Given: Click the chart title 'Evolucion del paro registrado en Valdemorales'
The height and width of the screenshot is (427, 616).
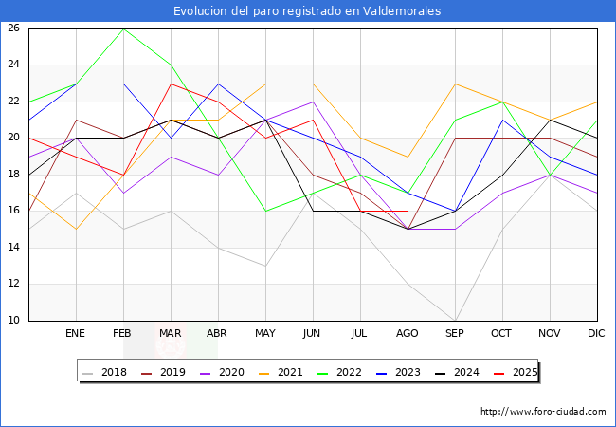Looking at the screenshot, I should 307,11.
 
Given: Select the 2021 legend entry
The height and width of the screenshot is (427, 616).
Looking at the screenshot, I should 290,373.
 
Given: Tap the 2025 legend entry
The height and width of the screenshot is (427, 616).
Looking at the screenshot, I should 524,373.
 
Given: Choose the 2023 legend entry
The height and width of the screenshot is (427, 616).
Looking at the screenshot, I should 407,373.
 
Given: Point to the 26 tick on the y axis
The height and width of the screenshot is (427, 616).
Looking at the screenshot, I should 14,28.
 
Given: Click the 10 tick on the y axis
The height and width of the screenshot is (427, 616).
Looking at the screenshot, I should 14,321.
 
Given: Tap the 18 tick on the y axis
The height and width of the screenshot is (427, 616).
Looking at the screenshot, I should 14,175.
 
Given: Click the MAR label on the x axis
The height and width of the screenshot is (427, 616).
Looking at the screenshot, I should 171,334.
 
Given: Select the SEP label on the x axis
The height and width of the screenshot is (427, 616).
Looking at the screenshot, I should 455,334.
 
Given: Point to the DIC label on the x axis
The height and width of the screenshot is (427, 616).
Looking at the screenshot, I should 597,334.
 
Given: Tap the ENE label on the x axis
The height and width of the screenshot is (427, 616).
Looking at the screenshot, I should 76,334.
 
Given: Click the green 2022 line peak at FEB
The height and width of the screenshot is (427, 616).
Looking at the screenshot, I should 123,28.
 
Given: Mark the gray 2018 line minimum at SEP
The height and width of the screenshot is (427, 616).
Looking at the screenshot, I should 455,321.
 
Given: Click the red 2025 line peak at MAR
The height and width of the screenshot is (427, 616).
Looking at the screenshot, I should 171,84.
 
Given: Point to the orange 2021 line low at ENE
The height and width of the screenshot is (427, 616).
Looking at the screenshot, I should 76,229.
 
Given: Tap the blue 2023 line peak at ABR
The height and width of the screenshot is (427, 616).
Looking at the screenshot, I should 218,84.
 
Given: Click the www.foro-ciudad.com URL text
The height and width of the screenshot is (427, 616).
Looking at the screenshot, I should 543,412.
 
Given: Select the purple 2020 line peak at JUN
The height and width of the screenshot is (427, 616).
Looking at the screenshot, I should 313,102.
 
